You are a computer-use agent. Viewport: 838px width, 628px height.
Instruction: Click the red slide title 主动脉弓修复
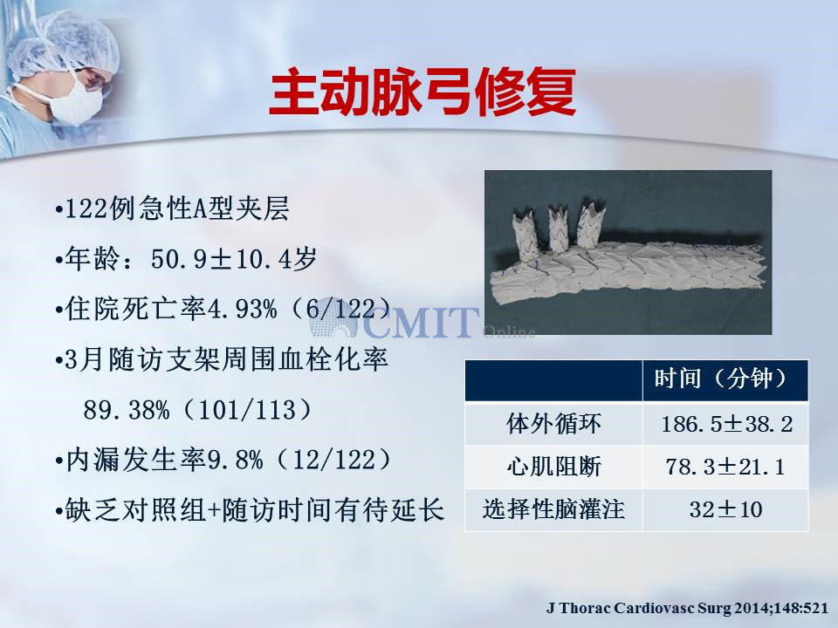click(422, 92)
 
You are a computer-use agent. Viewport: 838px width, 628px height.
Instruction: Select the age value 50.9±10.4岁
click(234, 259)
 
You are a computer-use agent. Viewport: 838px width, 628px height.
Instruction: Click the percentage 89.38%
click(127, 410)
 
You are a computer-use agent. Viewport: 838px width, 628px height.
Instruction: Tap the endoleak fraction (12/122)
click(334, 460)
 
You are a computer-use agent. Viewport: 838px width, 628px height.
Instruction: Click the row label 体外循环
click(553, 424)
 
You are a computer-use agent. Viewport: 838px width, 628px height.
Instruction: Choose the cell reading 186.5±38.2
click(726, 425)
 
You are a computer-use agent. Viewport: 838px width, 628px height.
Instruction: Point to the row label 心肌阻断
click(553, 467)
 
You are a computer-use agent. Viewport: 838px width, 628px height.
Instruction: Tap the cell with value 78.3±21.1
click(725, 468)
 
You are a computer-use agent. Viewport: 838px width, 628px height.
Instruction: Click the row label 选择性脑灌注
click(553, 509)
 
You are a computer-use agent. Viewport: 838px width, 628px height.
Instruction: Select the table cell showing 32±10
click(725, 510)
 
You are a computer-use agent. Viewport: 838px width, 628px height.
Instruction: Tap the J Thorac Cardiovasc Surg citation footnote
click(687, 608)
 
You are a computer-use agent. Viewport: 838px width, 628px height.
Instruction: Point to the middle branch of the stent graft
click(558, 229)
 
